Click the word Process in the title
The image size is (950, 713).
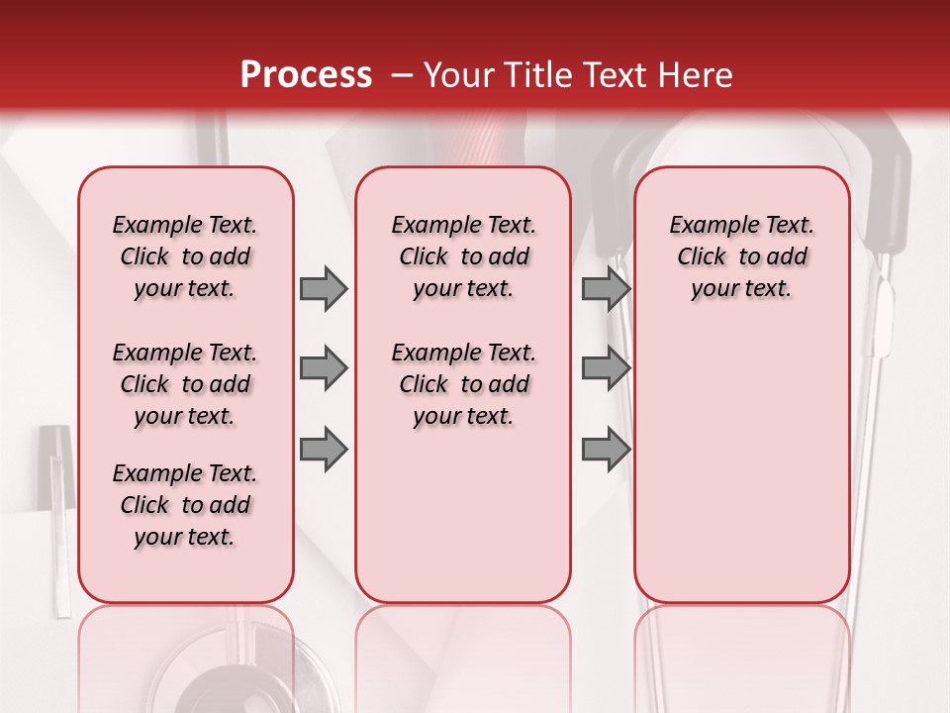(306, 75)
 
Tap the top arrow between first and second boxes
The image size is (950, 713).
(324, 288)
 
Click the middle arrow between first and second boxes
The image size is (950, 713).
(324, 368)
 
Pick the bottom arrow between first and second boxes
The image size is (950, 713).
(324, 449)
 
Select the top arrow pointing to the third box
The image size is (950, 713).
(606, 288)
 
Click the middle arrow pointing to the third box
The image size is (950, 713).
(606, 368)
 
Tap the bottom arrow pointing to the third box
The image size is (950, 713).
(606, 449)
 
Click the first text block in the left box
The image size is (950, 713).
(185, 256)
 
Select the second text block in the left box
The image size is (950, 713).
(185, 384)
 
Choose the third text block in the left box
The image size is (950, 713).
(185, 505)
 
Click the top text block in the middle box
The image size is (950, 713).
(463, 256)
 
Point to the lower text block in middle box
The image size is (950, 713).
(463, 384)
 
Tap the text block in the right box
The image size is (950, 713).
(741, 256)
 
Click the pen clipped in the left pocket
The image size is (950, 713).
(57, 515)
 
